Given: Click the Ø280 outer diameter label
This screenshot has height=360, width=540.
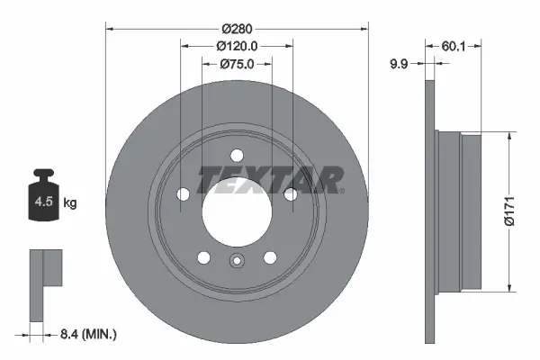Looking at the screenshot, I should click(237, 28).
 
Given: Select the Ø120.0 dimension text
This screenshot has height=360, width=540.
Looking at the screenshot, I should click(237, 46).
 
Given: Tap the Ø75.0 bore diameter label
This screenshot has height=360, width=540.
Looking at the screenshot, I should click(237, 64).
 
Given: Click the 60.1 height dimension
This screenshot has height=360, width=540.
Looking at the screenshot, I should click(455, 46).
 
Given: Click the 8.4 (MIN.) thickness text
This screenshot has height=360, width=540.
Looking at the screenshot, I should click(86, 334).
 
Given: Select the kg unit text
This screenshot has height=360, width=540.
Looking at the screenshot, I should click(70, 203).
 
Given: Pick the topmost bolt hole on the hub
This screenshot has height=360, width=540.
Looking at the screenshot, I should click(236, 154).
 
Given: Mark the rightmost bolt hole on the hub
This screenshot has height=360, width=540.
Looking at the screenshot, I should click(290, 193).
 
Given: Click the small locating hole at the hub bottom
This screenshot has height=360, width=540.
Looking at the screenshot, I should click(236, 263).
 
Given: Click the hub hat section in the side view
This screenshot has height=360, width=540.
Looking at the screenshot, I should click(459, 212).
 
